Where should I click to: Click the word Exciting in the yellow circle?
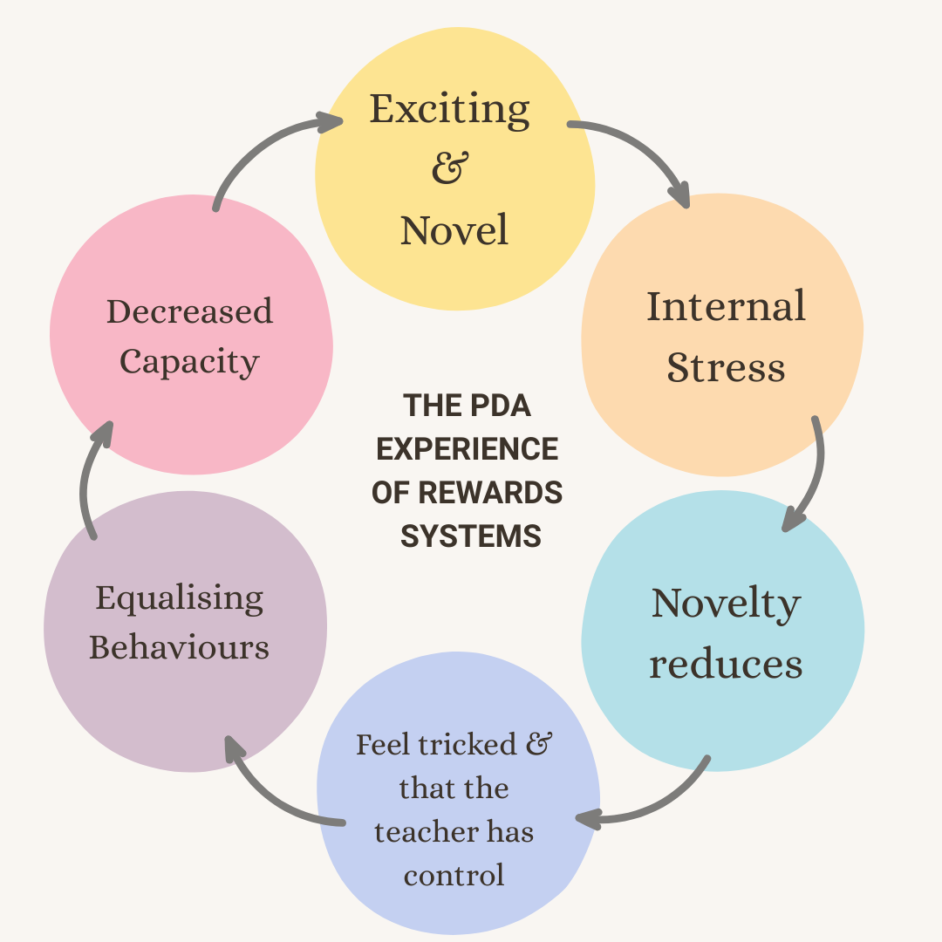click(x=449, y=110)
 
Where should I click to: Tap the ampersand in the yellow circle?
click(x=450, y=167)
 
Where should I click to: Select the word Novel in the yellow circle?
click(x=454, y=230)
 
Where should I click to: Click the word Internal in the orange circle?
click(x=726, y=307)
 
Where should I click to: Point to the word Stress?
click(x=726, y=368)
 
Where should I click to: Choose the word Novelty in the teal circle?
click(x=726, y=604)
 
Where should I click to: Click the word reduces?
click(x=726, y=665)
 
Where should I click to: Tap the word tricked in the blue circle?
click(x=471, y=745)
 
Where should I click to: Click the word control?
click(x=454, y=875)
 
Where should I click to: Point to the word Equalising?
click(x=179, y=598)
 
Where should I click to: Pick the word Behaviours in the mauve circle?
click(x=179, y=648)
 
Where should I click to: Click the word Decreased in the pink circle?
click(x=189, y=311)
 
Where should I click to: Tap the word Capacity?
click(x=189, y=361)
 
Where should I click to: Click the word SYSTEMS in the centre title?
click(x=470, y=536)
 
